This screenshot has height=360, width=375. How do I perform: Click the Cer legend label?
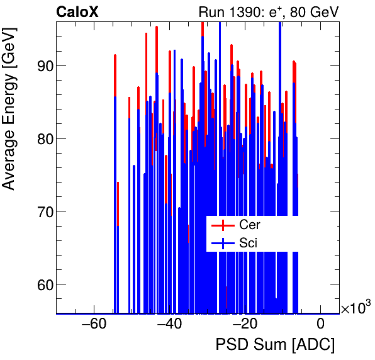249,225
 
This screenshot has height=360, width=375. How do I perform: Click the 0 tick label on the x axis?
320,325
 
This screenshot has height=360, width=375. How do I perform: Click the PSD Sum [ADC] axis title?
275,345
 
